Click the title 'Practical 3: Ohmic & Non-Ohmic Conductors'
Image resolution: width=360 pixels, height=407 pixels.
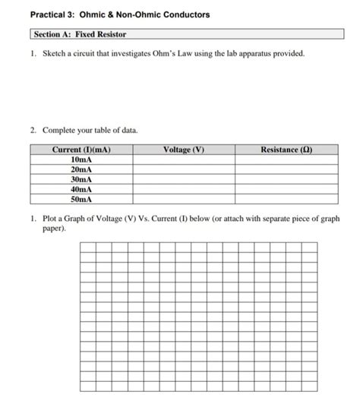point(120,15)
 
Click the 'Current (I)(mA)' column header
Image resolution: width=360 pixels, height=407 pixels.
point(82,150)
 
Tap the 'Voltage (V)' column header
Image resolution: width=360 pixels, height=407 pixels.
point(184,150)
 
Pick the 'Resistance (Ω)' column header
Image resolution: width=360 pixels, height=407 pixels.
point(286,150)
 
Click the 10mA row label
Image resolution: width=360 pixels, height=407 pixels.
point(81,160)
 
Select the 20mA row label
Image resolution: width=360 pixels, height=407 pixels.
point(81,170)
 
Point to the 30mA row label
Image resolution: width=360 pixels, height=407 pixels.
point(81,180)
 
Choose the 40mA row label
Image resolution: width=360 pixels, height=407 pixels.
point(81,189)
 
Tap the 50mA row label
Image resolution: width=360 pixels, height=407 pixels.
point(81,199)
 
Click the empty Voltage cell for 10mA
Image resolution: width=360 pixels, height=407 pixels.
point(184,160)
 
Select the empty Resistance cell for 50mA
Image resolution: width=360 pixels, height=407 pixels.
point(286,199)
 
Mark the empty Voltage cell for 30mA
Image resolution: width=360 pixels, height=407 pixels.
point(184,180)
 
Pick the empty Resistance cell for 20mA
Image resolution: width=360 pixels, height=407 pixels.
point(286,170)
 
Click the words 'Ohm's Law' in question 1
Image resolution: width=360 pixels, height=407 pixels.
point(178,55)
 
